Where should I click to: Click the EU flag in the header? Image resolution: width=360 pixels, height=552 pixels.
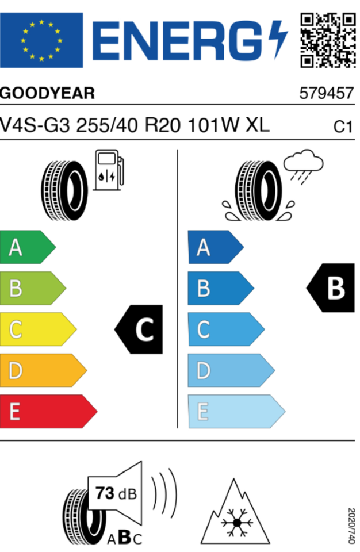pyautogui.click(x=41, y=40)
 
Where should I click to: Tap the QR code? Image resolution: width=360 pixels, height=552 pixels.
pyautogui.click(x=328, y=40)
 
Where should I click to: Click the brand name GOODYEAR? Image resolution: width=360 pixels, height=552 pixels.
pyautogui.click(x=48, y=93)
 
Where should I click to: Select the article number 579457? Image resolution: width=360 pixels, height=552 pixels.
pyautogui.click(x=326, y=93)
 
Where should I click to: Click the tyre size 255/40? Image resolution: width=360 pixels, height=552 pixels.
pyautogui.click(x=107, y=125)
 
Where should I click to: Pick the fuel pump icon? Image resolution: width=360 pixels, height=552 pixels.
pyautogui.click(x=109, y=170)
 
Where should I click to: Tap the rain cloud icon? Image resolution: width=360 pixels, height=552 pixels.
pyautogui.click(x=303, y=167)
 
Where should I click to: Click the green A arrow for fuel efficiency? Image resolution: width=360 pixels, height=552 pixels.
pyautogui.click(x=28, y=247)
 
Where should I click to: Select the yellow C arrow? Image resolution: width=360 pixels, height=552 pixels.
pyautogui.click(x=38, y=329)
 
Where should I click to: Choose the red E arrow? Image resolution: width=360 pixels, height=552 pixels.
pyautogui.click(x=49, y=411)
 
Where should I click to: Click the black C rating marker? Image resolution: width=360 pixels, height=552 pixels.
pyautogui.click(x=139, y=329)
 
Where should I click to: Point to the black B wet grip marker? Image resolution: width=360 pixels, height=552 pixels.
pyautogui.click(x=331, y=288)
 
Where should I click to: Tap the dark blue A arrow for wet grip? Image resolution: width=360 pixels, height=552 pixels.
pyautogui.click(x=216, y=247)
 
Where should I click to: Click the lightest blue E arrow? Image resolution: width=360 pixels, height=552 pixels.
pyautogui.click(x=236, y=411)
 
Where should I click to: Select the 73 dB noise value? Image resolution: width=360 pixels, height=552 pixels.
pyautogui.click(x=116, y=493)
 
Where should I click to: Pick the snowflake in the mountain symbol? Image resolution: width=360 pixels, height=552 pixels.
pyautogui.click(x=237, y=523)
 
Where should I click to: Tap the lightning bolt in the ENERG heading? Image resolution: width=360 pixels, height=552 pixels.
pyautogui.click(x=278, y=40)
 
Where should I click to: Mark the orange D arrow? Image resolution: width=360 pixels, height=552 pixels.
pyautogui.click(x=43, y=370)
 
